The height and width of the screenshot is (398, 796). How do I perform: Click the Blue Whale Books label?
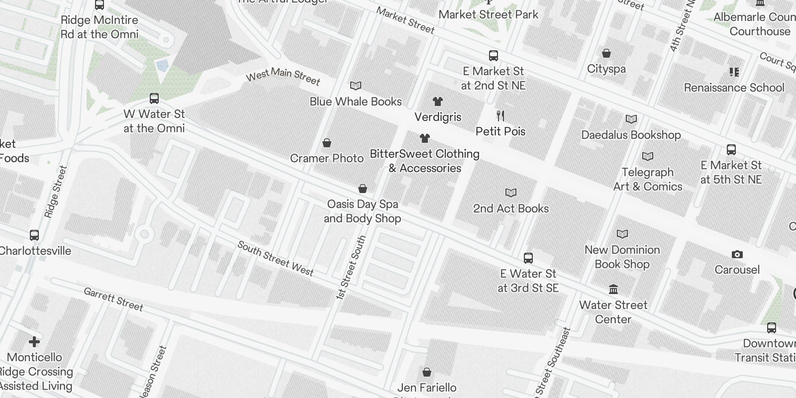355,101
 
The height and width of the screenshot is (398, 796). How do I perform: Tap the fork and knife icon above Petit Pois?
500,116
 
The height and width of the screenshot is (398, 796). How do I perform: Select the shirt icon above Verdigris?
437,101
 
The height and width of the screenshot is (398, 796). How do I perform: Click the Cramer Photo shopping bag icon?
327,143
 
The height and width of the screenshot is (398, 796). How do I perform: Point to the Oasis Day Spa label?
362,211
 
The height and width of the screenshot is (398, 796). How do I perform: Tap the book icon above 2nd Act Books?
511,193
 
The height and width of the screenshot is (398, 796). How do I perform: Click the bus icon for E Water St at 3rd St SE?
528,258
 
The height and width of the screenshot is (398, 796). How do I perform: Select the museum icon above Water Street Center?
613,290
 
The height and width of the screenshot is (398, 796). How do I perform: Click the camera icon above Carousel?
737,254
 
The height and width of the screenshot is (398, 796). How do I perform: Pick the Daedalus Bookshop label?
631,135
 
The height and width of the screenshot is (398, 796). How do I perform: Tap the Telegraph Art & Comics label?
648,179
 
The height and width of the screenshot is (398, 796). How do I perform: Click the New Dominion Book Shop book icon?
622,234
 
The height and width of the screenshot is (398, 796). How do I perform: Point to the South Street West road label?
275,258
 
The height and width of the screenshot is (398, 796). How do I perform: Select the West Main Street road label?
283,77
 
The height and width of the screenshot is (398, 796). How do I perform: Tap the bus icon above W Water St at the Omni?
154,99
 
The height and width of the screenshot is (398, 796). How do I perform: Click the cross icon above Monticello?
34,342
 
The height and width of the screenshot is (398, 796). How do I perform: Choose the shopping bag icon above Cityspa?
606,53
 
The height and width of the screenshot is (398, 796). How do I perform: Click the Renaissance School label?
734,88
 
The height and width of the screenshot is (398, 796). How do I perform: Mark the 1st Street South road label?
351,267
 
